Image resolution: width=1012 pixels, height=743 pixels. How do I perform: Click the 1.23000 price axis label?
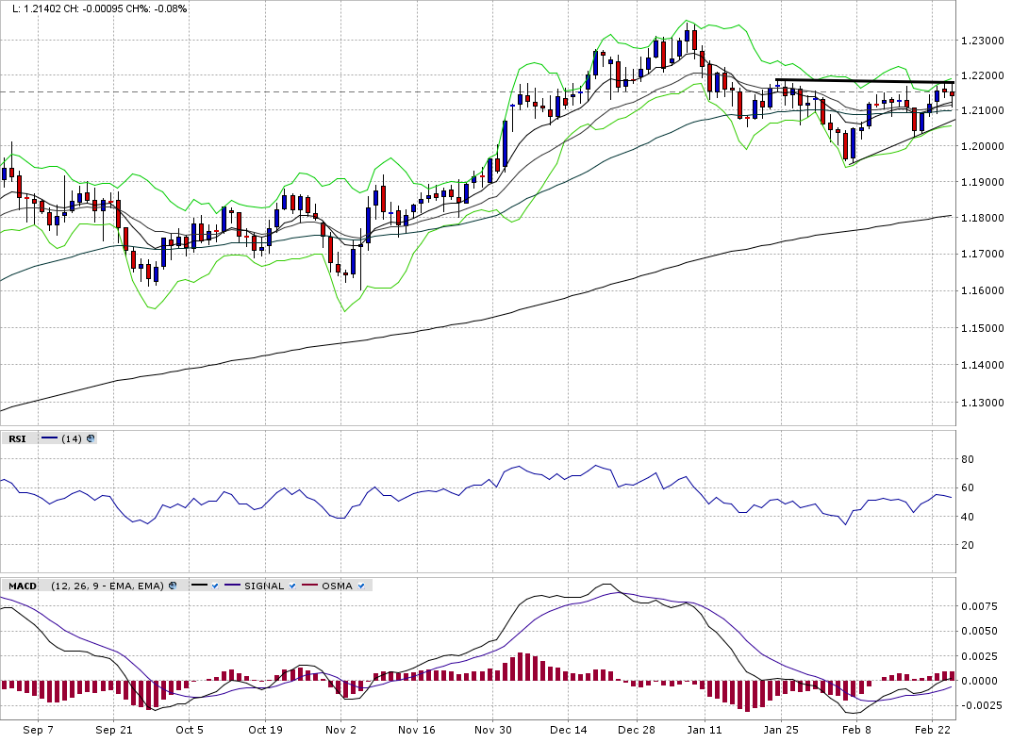click(982, 41)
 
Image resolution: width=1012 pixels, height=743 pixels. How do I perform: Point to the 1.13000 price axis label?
click(982, 403)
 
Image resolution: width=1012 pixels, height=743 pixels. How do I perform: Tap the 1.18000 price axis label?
click(982, 219)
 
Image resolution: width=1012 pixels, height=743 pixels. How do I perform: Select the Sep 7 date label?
click(38, 730)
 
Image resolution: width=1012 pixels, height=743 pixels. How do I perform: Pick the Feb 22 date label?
click(932, 730)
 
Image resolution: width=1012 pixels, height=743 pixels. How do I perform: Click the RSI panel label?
click(17, 438)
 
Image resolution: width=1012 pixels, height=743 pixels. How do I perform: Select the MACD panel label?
click(23, 586)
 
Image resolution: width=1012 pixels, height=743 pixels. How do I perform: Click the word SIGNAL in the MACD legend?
click(263, 586)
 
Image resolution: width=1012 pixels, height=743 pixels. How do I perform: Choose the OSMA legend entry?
click(337, 586)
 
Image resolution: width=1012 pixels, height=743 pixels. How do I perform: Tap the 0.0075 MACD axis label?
click(977, 606)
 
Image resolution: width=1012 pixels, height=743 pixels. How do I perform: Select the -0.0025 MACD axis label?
click(975, 705)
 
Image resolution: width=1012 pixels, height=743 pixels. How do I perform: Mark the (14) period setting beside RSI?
click(72, 438)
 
